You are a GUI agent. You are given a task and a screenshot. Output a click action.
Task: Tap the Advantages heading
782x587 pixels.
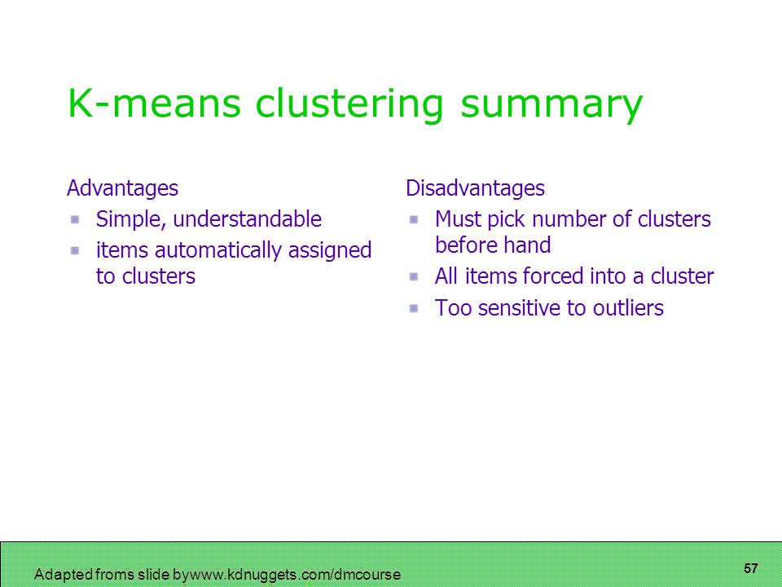coord(122,188)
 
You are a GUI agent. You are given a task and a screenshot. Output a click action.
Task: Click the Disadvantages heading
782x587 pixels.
coord(475,188)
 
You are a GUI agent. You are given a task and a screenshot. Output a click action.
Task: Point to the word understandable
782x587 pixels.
coord(247,218)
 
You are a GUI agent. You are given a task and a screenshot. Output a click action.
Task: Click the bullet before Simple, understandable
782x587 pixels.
coord(75,219)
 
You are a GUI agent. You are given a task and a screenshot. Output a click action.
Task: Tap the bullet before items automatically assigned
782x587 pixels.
coord(75,250)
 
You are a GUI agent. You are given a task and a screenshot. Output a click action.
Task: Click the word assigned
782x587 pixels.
coord(330,250)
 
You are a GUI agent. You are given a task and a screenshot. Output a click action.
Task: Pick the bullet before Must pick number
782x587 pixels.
coord(414,219)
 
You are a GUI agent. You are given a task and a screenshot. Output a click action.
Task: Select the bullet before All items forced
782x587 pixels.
coord(414,276)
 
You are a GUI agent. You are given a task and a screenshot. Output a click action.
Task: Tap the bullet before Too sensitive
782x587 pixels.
coord(414,308)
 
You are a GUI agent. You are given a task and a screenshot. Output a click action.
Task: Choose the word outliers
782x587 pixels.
coord(628,307)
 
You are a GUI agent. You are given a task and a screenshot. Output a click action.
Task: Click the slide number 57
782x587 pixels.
coord(750,568)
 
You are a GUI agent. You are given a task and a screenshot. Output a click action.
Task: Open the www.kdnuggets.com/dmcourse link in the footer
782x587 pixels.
coord(295,575)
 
